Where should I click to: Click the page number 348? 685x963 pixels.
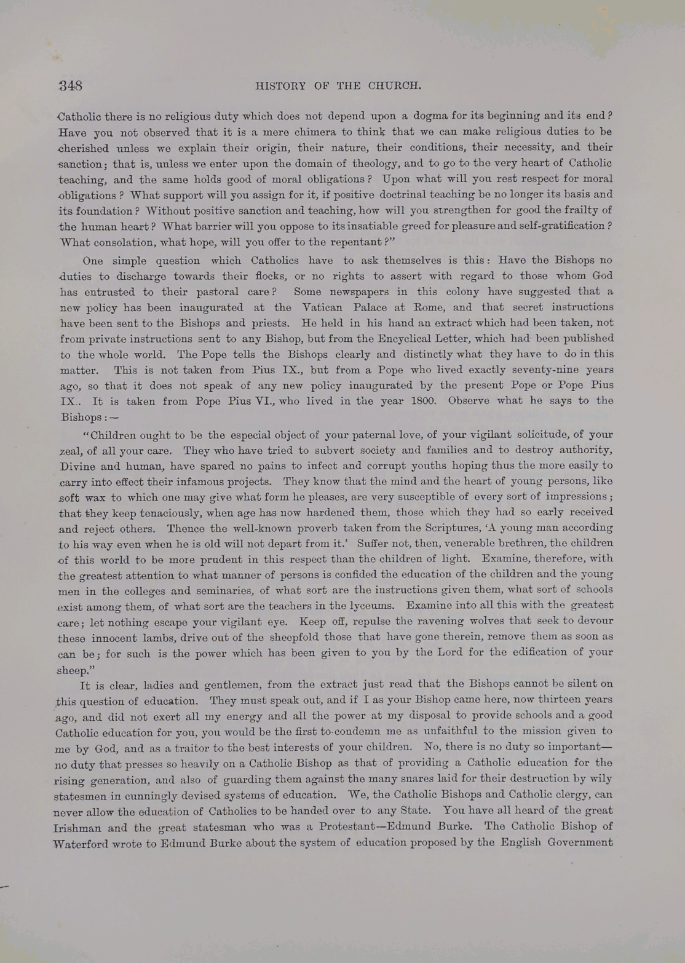(71, 85)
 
